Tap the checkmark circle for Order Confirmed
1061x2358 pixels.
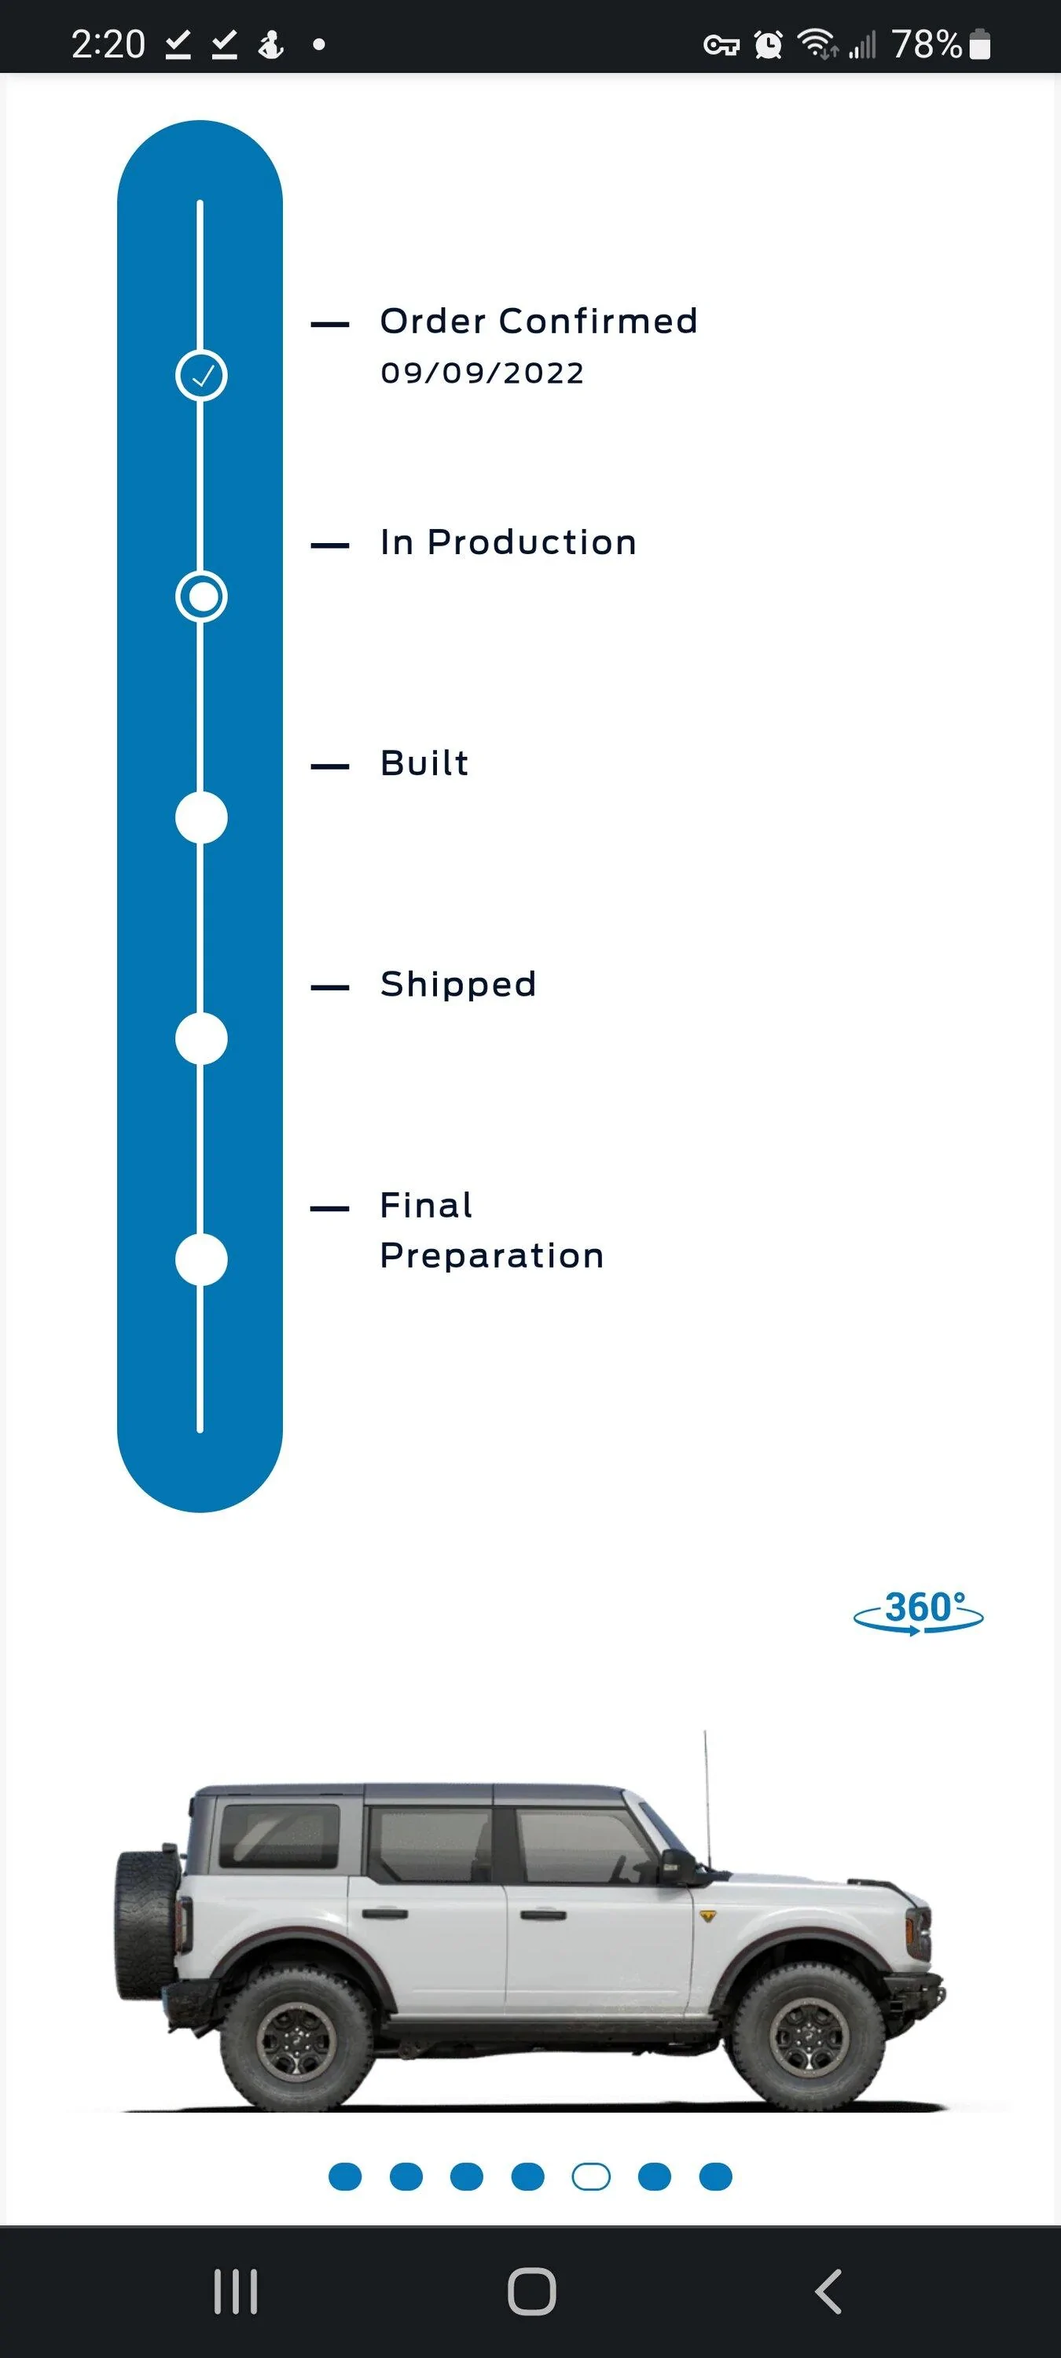(201, 375)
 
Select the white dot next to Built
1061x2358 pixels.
(201, 817)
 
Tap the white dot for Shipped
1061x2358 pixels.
(201, 1039)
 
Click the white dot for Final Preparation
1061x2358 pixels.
(201, 1259)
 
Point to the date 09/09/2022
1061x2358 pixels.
(483, 373)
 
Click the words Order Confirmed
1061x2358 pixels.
(539, 321)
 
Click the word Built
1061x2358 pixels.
(424, 763)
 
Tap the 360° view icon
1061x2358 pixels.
(918, 1612)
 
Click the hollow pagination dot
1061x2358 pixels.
(590, 2176)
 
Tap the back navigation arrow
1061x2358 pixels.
(828, 2292)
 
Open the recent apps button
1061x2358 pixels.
(235, 2292)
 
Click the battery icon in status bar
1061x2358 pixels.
(979, 44)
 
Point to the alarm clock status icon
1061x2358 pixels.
(768, 44)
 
